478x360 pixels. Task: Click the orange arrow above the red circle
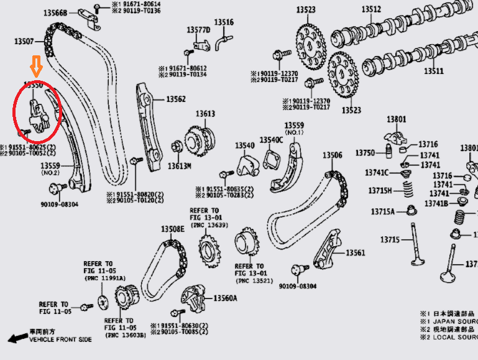coord(35,65)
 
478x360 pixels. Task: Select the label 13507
coord(25,42)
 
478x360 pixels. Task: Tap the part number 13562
coord(176,99)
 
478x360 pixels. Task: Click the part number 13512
coord(371,9)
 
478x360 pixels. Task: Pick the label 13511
coord(434,71)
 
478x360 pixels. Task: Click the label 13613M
coord(180,166)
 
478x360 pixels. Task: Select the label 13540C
coord(271,140)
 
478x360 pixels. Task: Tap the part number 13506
coord(332,155)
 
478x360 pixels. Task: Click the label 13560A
coord(225,298)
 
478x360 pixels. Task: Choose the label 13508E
coord(173,229)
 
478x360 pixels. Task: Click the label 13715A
coord(383,212)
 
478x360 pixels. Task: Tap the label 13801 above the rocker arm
coord(396,119)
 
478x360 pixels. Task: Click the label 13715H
coord(380,190)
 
